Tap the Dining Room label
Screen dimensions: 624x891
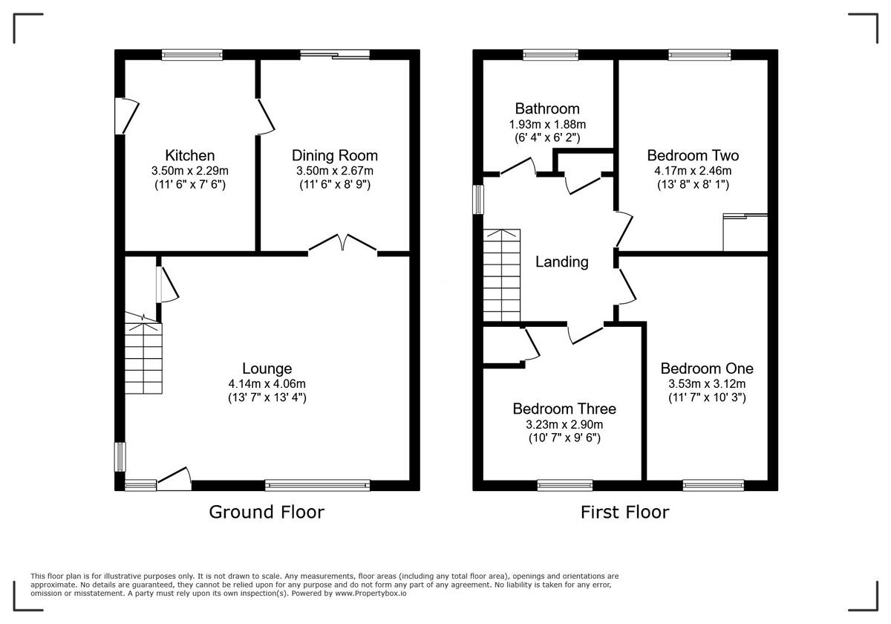334,155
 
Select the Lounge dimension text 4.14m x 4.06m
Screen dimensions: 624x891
267,383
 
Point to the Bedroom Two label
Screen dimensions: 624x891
693,155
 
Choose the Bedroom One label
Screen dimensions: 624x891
707,368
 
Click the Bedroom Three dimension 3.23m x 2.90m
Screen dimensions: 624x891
564,424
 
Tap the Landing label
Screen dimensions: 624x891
562,261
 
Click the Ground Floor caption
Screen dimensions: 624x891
267,512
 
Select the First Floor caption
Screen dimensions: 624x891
624,512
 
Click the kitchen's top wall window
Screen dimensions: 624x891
192,53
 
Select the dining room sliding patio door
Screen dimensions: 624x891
335,53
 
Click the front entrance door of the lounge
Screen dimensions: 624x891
174,479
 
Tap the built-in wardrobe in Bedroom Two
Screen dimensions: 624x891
745,233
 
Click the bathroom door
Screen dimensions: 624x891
518,168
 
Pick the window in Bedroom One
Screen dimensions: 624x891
702,485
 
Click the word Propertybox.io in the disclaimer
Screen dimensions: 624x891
371,594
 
